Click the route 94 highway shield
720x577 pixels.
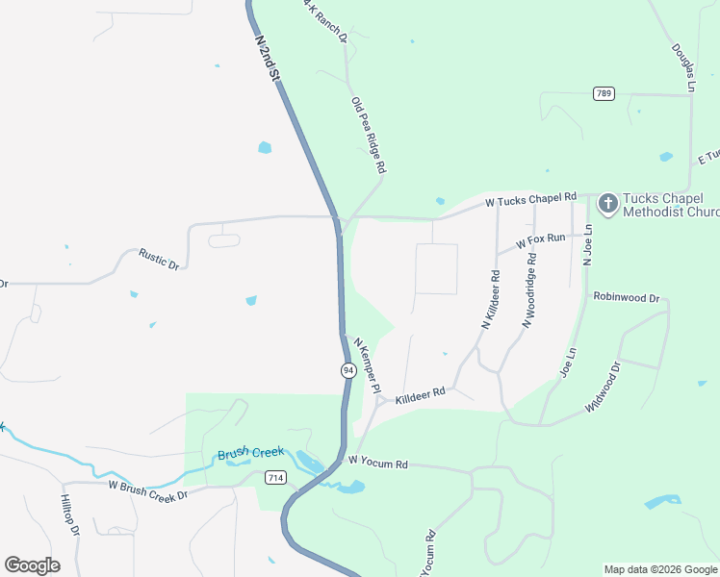coord(347,370)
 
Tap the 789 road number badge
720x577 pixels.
coord(604,93)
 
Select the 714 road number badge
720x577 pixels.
coord(275,478)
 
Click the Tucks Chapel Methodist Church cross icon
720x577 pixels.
coord(607,203)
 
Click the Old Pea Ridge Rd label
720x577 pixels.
coord(369,136)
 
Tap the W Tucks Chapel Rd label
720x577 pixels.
coord(530,200)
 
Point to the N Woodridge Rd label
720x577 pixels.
coord(529,290)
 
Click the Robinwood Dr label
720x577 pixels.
coord(626,297)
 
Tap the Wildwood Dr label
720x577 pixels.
coord(604,387)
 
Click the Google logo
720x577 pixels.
coord(32,565)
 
